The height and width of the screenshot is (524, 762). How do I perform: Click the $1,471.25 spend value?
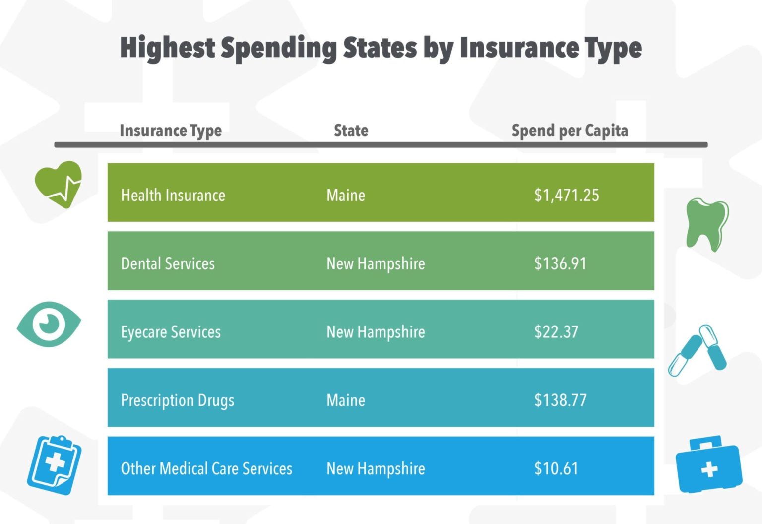pos(566,195)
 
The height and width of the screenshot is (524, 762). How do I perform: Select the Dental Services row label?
pos(168,263)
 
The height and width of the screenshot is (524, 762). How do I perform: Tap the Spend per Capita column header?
pos(570,131)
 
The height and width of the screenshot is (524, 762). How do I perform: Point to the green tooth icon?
pos(706,224)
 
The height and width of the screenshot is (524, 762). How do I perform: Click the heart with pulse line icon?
pos(59,184)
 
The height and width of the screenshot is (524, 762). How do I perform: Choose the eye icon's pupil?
pos(49,324)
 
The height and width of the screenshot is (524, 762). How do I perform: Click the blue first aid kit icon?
pos(708,465)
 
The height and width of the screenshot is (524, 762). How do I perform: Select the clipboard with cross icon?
pos(54,464)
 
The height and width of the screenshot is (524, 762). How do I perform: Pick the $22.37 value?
pos(556,332)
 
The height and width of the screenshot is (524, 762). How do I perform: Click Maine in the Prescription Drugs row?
pos(346,400)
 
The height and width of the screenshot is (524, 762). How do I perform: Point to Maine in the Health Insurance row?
pos(346,195)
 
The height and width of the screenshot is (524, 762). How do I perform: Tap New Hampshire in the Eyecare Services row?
pos(376,332)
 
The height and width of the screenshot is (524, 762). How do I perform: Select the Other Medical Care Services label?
pos(206,469)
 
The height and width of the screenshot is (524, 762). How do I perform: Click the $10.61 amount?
pos(556,469)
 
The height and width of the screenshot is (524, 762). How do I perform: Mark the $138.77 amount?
pos(560,400)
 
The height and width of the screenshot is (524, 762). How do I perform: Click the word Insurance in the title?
pos(519,48)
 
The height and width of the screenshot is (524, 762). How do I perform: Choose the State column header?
pos(351,131)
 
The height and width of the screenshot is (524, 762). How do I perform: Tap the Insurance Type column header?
pos(171,131)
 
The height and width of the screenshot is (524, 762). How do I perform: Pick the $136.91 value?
pos(560,263)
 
